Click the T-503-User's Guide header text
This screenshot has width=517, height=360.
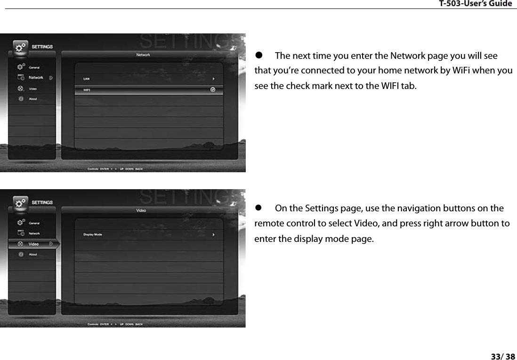point(475,4)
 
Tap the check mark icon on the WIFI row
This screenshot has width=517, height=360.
point(213,89)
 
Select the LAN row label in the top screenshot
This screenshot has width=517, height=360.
point(87,79)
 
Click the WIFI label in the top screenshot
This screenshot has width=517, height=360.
point(87,90)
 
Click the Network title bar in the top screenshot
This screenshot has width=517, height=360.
point(143,55)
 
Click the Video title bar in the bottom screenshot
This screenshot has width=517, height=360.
point(141,210)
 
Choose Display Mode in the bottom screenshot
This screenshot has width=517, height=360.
point(93,234)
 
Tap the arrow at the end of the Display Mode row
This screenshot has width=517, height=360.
point(213,234)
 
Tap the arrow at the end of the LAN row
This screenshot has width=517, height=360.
point(213,79)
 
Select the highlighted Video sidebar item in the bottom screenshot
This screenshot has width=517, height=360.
point(34,244)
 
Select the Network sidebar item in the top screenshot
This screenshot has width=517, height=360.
point(36,78)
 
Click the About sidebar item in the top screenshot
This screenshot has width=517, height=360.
point(33,99)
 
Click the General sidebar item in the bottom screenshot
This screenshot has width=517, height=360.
point(34,223)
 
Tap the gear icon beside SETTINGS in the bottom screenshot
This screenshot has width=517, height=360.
point(20,203)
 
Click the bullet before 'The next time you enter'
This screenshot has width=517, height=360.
point(258,56)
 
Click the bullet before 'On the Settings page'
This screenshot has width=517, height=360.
point(258,208)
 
